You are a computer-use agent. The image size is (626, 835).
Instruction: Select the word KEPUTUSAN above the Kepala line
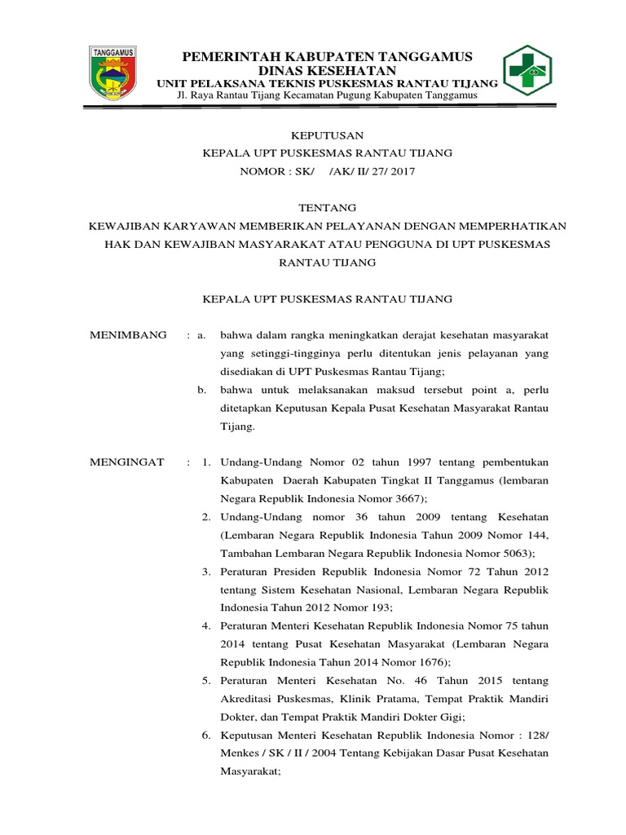click(x=327, y=135)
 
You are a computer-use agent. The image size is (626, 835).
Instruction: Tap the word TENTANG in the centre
click(x=327, y=208)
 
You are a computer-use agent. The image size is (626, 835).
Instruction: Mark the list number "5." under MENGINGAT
click(x=207, y=680)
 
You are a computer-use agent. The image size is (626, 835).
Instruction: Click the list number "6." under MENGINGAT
click(x=207, y=735)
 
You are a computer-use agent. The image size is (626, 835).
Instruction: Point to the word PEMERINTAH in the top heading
click(x=227, y=55)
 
